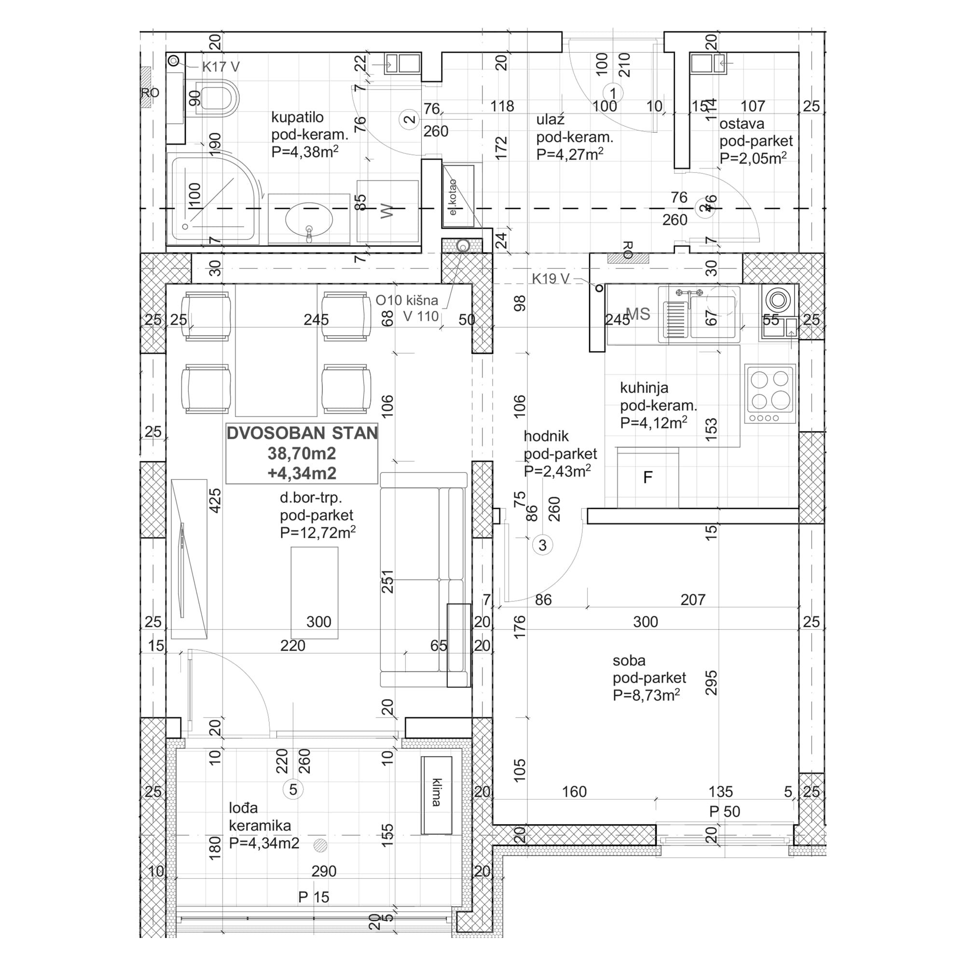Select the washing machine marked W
coord(387,211)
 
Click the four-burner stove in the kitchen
coord(770,394)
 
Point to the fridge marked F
coord(648,478)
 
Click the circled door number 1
coord(613,93)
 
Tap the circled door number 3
coord(542,545)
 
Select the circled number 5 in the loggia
coord(293,789)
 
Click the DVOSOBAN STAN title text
coord(302,433)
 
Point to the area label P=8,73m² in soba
coord(646,695)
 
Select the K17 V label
coord(221,67)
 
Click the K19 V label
coord(550,279)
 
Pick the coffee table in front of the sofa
coord(314,593)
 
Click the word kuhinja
coord(644,388)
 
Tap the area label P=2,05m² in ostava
coord(753,158)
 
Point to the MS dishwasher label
coord(638,314)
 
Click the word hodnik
coord(546,437)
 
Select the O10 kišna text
coord(407,301)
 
